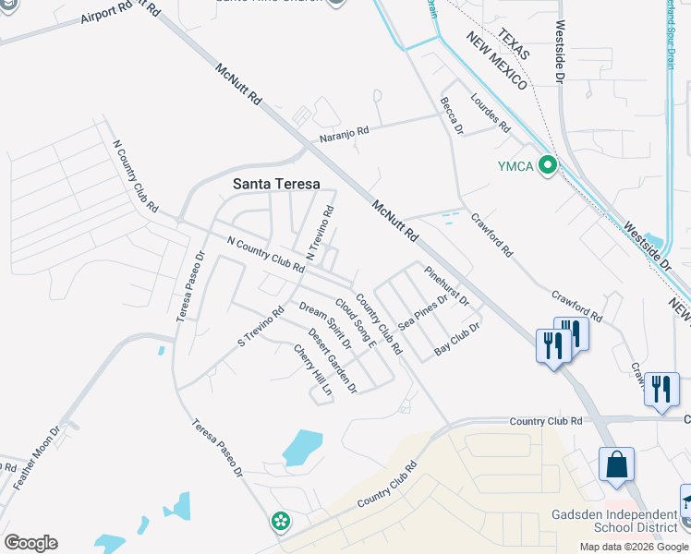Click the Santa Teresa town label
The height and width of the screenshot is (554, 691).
(276, 184)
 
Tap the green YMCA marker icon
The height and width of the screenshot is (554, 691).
(548, 165)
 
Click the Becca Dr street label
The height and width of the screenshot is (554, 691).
(451, 115)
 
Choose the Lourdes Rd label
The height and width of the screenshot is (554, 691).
(490, 112)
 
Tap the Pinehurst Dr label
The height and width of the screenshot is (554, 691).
(448, 286)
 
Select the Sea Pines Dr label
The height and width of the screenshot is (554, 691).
(422, 311)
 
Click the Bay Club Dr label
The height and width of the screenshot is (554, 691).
(457, 340)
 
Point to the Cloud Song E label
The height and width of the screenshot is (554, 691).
(356, 322)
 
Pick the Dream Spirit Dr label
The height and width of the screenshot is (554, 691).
(325, 324)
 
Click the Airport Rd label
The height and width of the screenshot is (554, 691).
(113, 13)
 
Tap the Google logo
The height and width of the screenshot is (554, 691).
(30, 542)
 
